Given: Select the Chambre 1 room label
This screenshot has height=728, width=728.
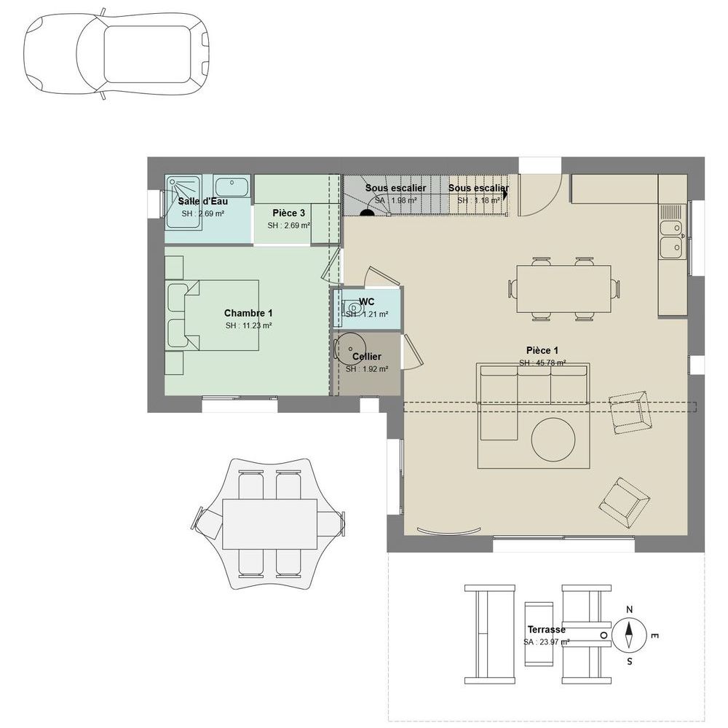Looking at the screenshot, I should click(248, 313).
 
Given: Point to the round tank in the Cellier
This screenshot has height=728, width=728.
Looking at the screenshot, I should click(349, 348).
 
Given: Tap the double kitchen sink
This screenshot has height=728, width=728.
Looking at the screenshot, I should click(670, 237).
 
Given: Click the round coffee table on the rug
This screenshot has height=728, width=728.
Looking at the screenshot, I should click(554, 439).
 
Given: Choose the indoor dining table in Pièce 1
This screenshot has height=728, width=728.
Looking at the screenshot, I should click(563, 289).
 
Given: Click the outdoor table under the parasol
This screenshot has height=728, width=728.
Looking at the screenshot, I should click(269, 524).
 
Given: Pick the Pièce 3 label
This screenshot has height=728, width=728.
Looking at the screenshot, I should click(288, 213).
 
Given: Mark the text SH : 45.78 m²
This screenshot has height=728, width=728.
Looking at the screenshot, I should click(542, 363).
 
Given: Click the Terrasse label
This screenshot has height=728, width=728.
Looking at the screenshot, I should click(546, 630).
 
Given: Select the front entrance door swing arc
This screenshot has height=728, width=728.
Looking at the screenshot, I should click(541, 195).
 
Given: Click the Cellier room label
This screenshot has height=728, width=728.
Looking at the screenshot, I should click(366, 357).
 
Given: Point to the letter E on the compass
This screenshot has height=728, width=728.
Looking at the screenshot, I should click(654, 636).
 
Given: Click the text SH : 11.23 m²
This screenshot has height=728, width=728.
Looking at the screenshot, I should click(248, 325).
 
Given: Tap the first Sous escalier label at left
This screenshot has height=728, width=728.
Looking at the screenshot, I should click(395, 188).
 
